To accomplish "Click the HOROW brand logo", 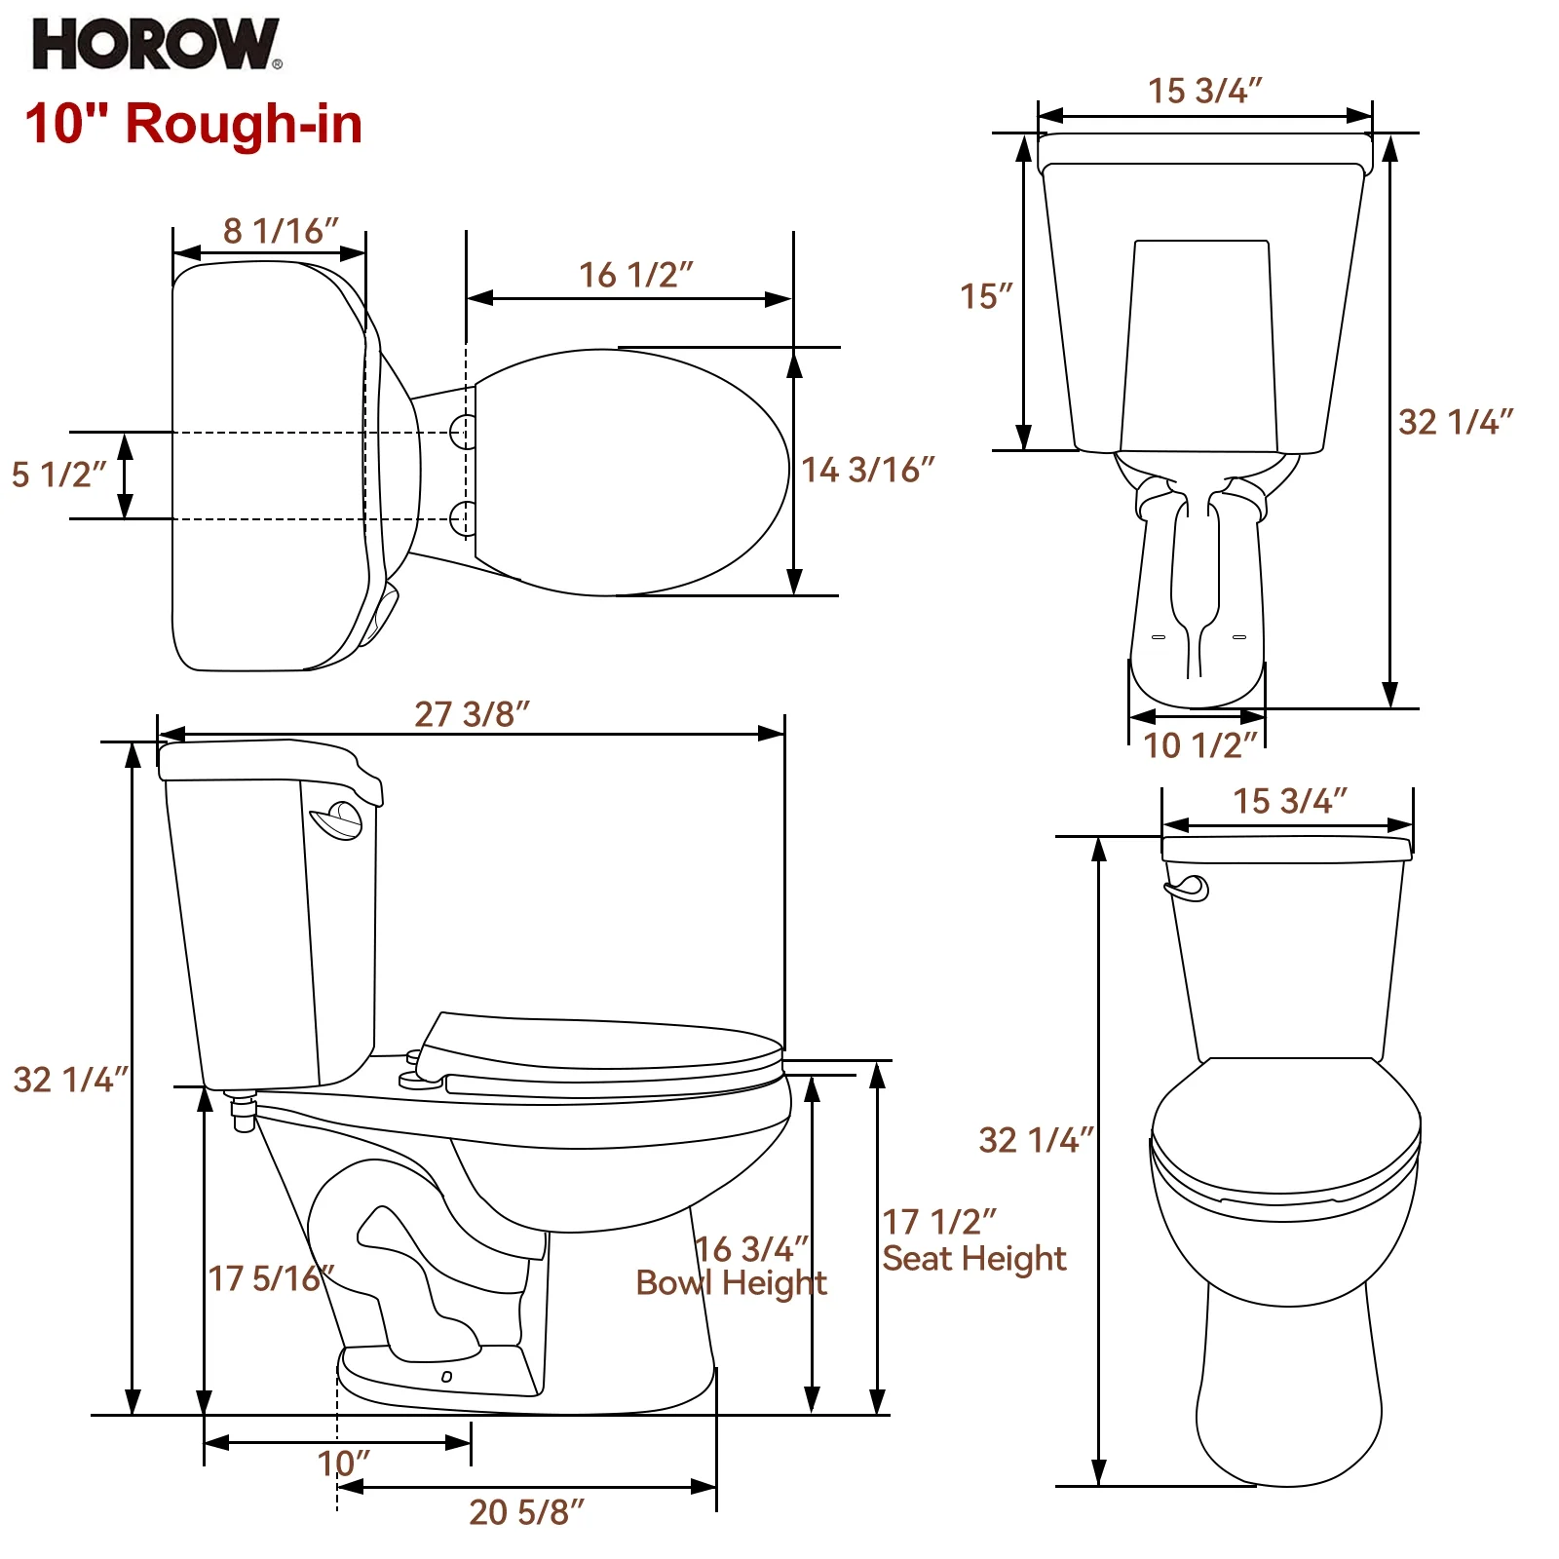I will [x=156, y=45].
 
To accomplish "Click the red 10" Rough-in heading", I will [x=193, y=125].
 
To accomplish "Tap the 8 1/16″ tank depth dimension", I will [x=281, y=231].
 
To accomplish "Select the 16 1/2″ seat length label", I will [x=635, y=276].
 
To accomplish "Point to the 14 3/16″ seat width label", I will [x=867, y=471].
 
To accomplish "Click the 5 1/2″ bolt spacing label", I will [x=57, y=475].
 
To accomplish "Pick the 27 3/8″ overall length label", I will [x=472, y=714].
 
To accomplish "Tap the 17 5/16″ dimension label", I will [x=270, y=1278].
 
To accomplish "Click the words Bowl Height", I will [x=731, y=1283].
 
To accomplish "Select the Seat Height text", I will [x=973, y=1259].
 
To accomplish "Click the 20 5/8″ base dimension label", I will [x=526, y=1512].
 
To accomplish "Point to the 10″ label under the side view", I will [x=343, y=1464].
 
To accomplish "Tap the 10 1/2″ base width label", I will [x=1199, y=746].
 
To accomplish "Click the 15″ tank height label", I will [x=986, y=296].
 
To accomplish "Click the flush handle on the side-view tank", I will [x=337, y=820].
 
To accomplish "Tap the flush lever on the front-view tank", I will [x=1188, y=888].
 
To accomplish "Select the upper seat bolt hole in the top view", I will [x=464, y=431].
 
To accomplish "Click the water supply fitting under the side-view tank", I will [x=243, y=1111].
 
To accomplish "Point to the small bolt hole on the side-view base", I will [x=446, y=1377].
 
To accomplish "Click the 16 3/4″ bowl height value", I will [x=752, y=1249].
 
